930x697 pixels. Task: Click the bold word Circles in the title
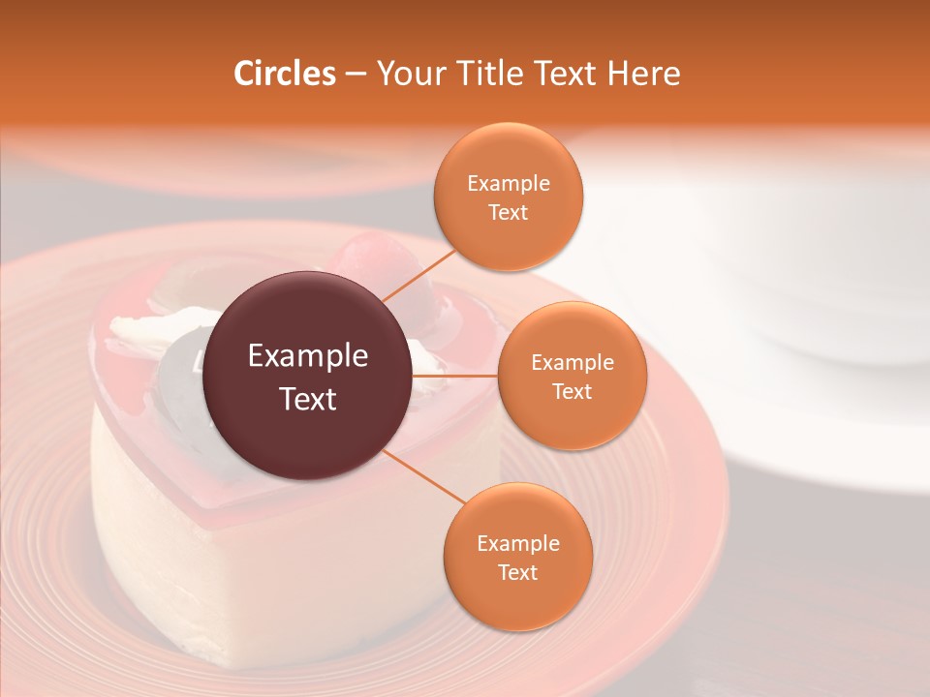pyautogui.click(x=284, y=74)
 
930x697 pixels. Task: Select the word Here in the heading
pyautogui.click(x=642, y=74)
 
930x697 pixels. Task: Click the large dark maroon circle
pyautogui.click(x=308, y=376)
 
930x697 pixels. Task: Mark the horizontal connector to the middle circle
pyautogui.click(x=455, y=376)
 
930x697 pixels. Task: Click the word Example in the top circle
pyautogui.click(x=508, y=184)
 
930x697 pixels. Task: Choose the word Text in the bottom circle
pyautogui.click(x=517, y=573)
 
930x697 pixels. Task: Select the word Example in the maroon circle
pyautogui.click(x=308, y=356)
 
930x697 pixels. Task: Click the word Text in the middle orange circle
pyautogui.click(x=572, y=392)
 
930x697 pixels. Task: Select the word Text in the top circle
pyautogui.click(x=508, y=213)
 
